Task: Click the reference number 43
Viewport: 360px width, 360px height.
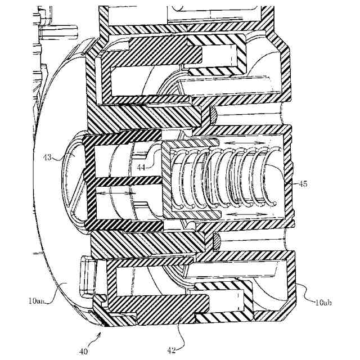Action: click(49, 158)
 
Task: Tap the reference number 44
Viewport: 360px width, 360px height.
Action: click(141, 167)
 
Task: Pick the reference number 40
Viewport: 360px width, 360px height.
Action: click(83, 352)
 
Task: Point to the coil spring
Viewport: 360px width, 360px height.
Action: click(225, 180)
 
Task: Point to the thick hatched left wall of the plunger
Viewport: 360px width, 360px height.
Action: click(87, 180)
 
